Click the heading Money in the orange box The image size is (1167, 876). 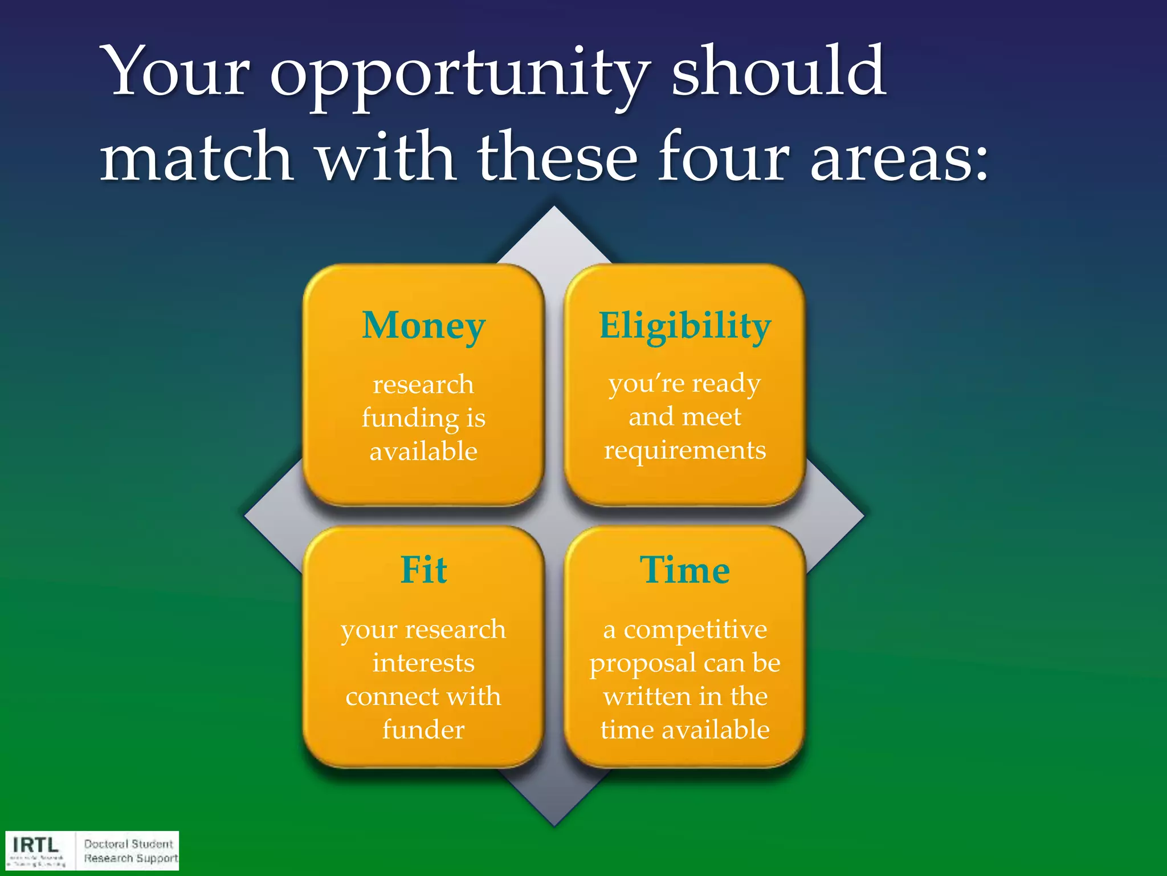point(423,326)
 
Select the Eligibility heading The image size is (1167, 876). point(685,326)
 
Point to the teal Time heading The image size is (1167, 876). point(684,570)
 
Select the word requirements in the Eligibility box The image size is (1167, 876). point(685,451)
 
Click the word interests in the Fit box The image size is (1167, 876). point(423,663)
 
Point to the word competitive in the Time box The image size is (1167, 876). point(695,630)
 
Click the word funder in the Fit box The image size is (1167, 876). point(423,729)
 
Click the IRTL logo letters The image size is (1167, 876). point(35,845)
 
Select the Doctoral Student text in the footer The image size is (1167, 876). point(128,843)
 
